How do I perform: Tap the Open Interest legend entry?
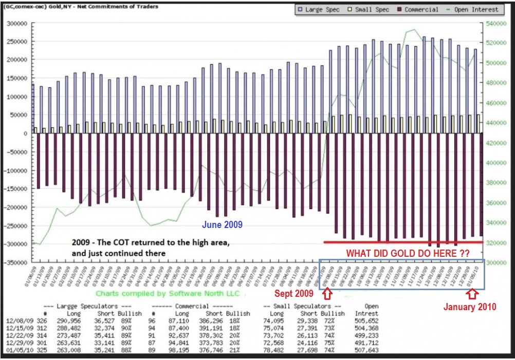click(x=472, y=9)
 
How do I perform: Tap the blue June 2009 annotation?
click(x=222, y=225)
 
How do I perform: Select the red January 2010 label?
click(x=470, y=307)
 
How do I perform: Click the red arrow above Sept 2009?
click(x=327, y=294)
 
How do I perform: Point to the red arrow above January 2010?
click(x=473, y=294)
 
